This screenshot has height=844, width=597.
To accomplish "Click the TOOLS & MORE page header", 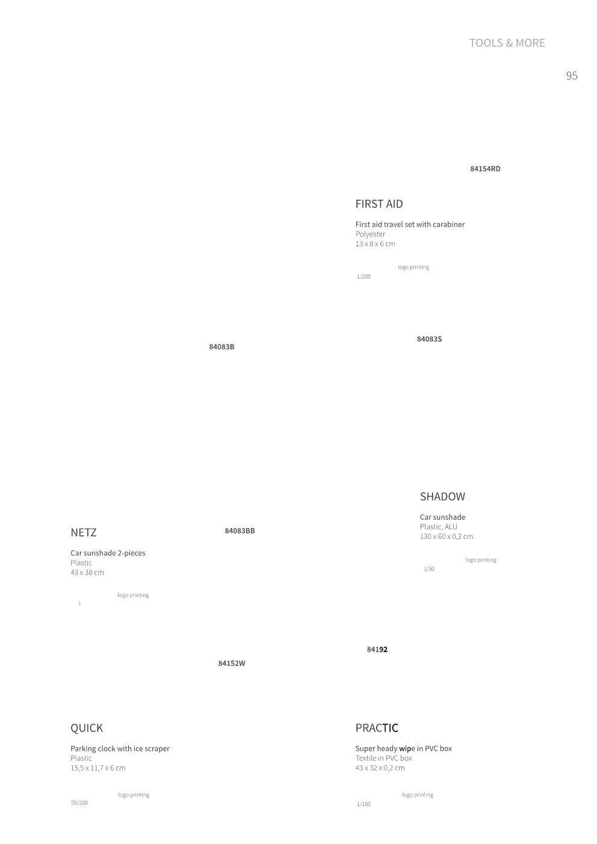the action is tap(507, 43).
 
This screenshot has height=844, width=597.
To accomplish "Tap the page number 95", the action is tap(571, 76).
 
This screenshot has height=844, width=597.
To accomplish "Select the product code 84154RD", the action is tap(485, 169).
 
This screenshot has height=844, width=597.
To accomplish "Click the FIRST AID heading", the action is tap(379, 204).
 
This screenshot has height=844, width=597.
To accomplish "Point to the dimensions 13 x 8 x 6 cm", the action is tap(375, 244).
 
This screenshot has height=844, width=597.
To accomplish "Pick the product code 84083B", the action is tap(221, 347).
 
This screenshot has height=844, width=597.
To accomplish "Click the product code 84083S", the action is tap(429, 339).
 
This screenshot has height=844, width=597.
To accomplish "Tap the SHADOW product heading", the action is tap(442, 497).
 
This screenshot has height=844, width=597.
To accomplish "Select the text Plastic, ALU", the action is tap(438, 527).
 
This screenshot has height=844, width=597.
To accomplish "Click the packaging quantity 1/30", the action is tap(428, 569).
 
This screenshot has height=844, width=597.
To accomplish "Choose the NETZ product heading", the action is tap(83, 532).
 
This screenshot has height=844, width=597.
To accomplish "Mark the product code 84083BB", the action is tap(240, 531).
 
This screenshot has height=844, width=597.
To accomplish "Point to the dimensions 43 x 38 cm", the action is tap(87, 572).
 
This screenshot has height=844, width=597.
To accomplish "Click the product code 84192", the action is tap(377, 649).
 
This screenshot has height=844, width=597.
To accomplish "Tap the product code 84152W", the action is tap(232, 663).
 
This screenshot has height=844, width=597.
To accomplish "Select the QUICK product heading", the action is tap(87, 728).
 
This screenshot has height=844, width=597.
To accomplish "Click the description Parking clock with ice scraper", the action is tap(120, 749).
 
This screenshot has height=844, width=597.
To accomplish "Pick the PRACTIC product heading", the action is tap(377, 728).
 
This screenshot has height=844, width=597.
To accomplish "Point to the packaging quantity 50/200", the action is tap(79, 803).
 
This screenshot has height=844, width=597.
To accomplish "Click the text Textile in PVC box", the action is tap(383, 758).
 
